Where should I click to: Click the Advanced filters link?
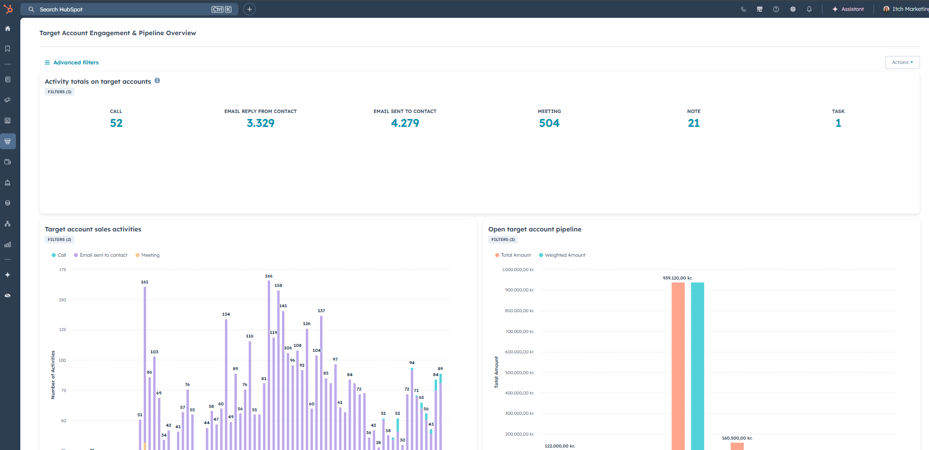point(76,62)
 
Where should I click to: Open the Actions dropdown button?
point(902,62)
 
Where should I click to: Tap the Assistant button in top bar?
point(848,9)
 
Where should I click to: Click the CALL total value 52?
point(116,123)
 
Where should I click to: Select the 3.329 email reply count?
point(261,123)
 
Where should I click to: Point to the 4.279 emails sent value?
point(405,123)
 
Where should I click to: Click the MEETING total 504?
point(549,123)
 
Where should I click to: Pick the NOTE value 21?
point(694,123)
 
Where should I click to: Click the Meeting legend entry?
point(150,255)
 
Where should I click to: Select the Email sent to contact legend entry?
point(103,255)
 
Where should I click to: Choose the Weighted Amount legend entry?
point(564,255)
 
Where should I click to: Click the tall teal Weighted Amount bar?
point(698,367)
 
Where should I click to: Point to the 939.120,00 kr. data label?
point(677,278)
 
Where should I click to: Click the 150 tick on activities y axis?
point(62,300)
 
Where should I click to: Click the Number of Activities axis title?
point(53,375)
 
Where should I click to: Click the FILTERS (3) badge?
point(59,92)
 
